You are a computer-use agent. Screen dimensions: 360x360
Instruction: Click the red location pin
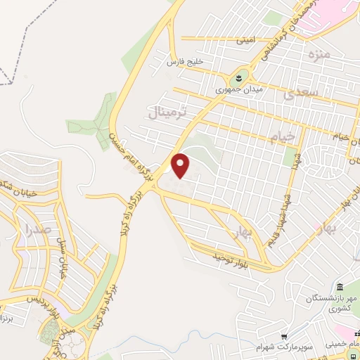181,165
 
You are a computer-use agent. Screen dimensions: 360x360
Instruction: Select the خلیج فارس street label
184,62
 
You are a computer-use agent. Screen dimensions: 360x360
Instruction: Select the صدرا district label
37,229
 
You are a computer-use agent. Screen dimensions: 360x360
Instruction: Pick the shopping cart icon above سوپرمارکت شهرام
285,337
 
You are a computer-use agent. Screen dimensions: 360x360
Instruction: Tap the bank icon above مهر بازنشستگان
340,286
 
